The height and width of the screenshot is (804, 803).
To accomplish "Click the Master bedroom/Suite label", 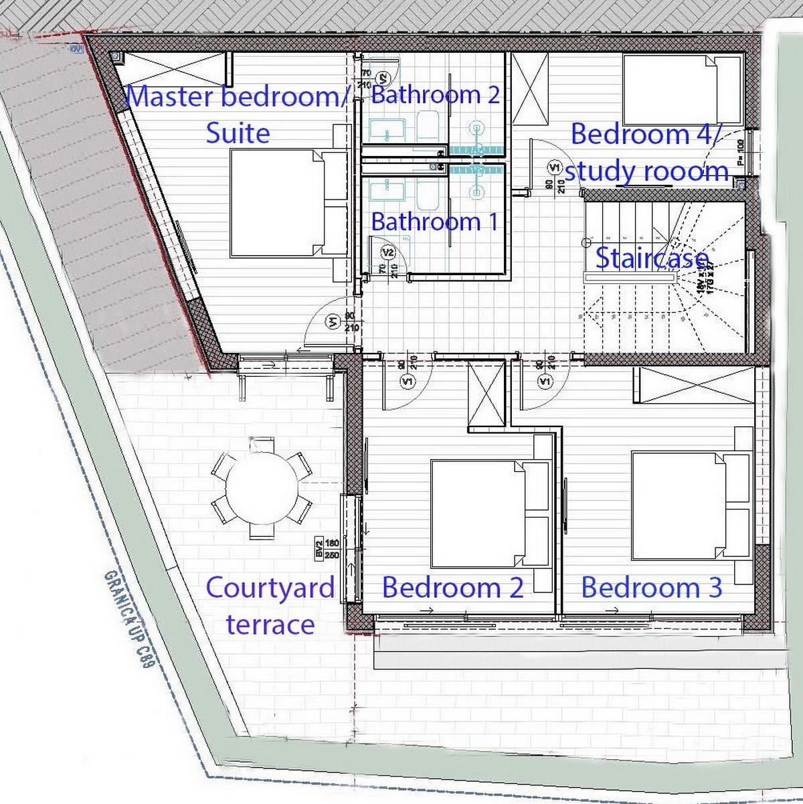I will coord(238,114).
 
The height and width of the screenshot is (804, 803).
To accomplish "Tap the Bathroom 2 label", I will coord(436,94).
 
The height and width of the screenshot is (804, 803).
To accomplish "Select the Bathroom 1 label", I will coord(435,222).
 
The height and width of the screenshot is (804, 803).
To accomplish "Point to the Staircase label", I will coord(651,258).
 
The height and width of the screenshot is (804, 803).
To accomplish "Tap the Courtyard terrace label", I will coord(270,605).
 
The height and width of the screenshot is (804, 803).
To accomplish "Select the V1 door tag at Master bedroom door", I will coord(334,322).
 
